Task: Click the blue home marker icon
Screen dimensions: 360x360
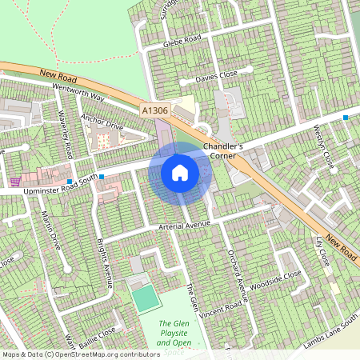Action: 180,172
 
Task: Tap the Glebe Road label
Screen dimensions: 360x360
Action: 182,42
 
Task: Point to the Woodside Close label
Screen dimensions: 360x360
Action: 275,281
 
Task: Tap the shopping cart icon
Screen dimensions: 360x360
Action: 15,182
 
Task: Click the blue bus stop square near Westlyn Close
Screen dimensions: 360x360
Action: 346,118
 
